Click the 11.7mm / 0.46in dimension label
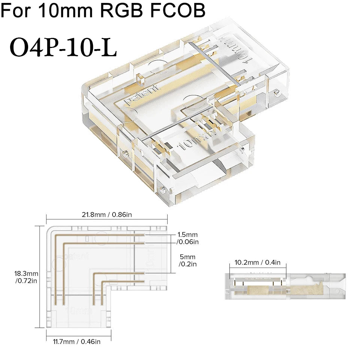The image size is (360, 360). point(78,341)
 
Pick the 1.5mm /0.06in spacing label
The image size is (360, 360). point(187,238)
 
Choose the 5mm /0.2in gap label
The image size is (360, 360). point(187,261)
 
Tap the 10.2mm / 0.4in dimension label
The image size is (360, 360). point(257,262)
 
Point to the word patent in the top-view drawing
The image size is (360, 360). point(76,256)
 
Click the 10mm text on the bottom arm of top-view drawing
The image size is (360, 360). point(78,311)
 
